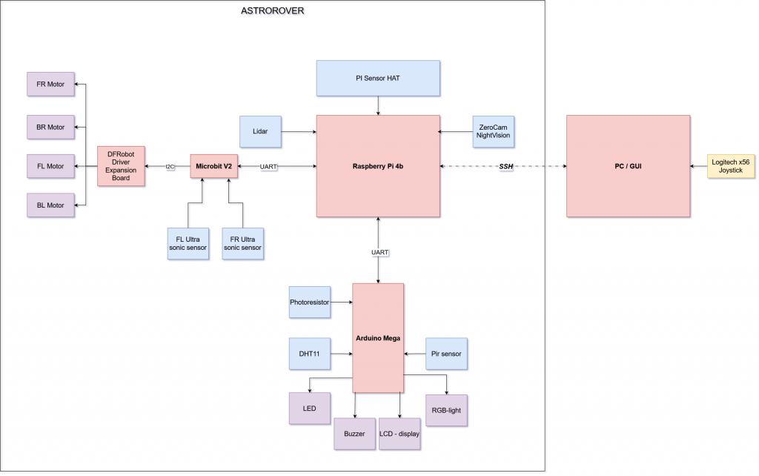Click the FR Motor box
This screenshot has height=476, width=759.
coord(50,85)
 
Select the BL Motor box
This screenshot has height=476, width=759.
coord(50,205)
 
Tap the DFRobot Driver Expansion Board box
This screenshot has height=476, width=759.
coord(122,166)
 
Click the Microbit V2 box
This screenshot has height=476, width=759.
coord(214,166)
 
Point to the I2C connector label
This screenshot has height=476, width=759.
coord(170,167)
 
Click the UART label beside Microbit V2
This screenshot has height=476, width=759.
coord(269,167)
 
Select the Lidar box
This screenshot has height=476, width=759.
coord(259,131)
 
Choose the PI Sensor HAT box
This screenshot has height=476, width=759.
coord(378,78)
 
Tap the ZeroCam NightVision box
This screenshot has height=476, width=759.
coord(494,131)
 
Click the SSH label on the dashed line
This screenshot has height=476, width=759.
coord(506,167)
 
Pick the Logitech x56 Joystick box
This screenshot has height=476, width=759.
coord(731,166)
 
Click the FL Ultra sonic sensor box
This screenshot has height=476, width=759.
coord(188,243)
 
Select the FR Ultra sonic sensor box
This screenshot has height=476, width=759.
coord(242,243)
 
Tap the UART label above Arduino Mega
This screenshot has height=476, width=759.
coord(379,253)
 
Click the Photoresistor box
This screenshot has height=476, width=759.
coord(309,302)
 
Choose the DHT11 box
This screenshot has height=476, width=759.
coord(309,354)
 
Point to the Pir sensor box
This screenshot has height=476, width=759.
coord(447,354)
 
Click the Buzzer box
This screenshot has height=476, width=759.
coord(354,434)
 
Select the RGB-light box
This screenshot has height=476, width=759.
coord(447,410)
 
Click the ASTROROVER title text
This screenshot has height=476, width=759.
coord(273,11)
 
